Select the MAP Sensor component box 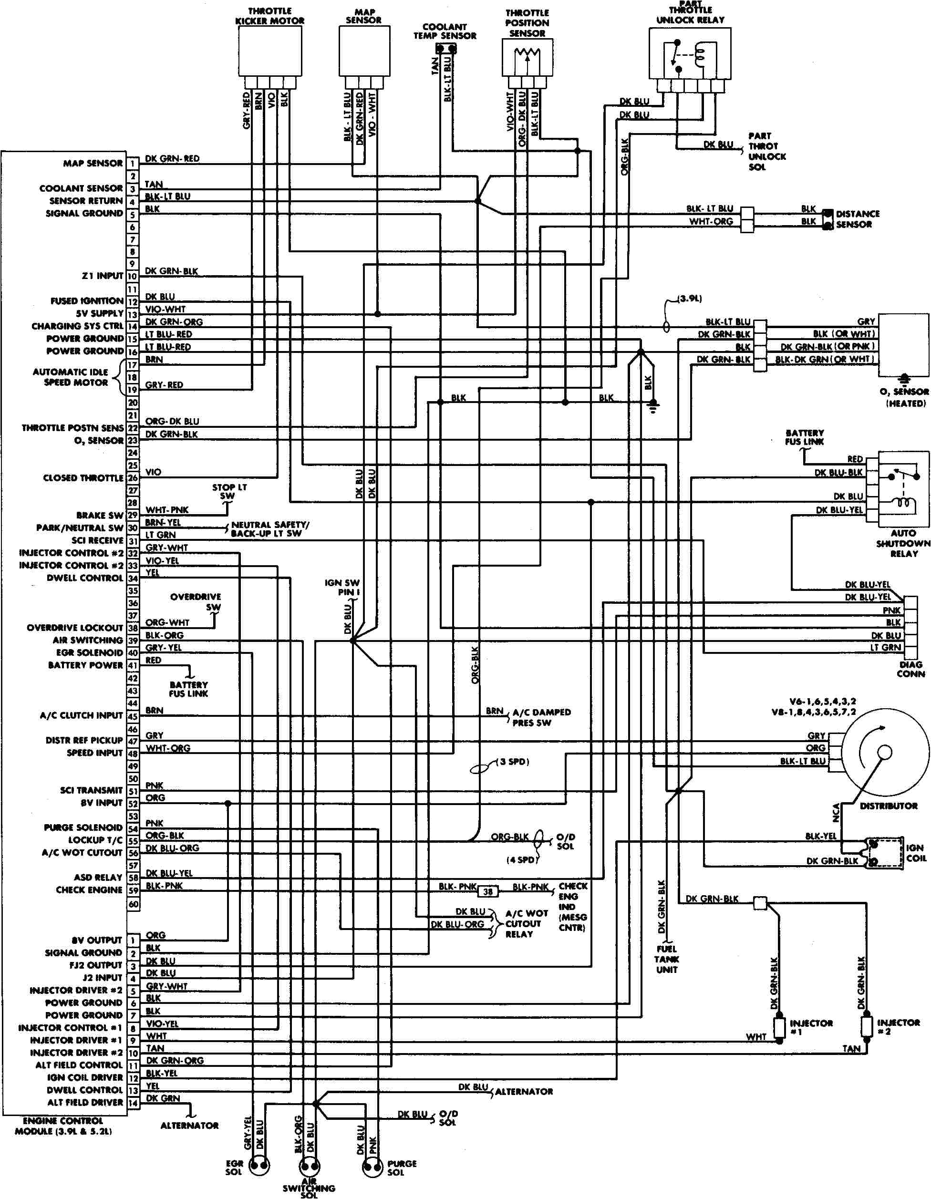click(x=364, y=51)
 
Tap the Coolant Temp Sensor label click(x=445, y=31)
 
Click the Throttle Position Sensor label click(x=527, y=23)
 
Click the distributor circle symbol click(x=885, y=752)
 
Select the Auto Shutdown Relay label click(x=903, y=544)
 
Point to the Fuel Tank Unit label click(x=666, y=959)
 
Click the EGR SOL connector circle click(x=259, y=1166)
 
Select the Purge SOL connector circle click(x=372, y=1166)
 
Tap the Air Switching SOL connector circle click(x=309, y=1166)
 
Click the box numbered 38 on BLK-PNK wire click(x=488, y=891)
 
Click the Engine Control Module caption click(x=63, y=1126)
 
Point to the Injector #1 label click(x=811, y=1027)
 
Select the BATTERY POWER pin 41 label click(x=86, y=665)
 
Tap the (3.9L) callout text click(x=690, y=299)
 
